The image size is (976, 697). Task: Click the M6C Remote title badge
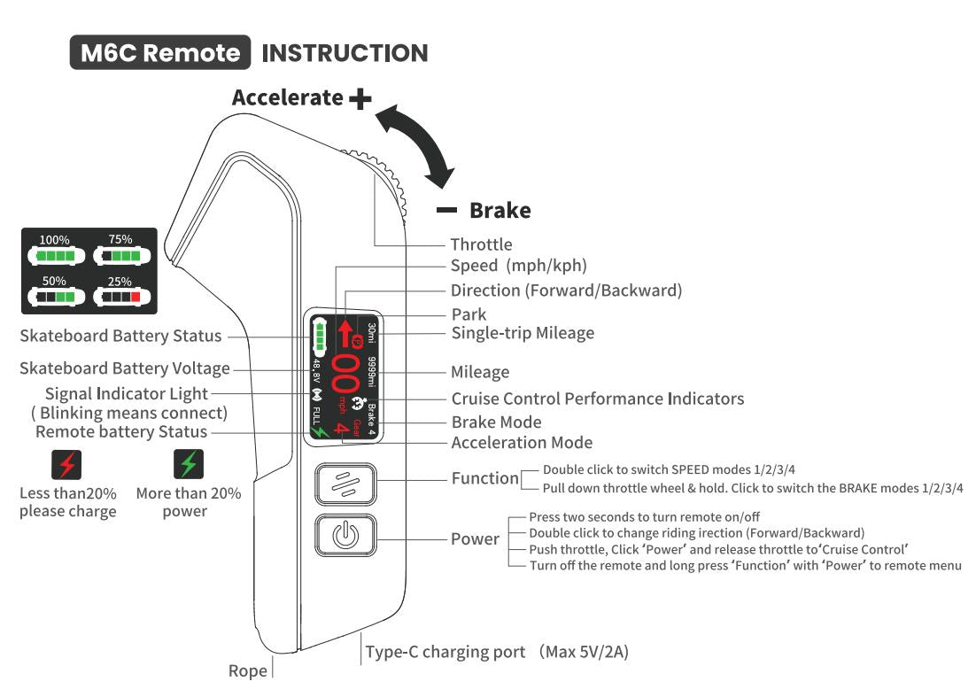pyautogui.click(x=159, y=53)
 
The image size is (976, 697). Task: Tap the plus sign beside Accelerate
pyautogui.click(x=360, y=98)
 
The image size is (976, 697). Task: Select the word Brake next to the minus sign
pyautogui.click(x=500, y=211)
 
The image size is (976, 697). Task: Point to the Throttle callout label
pyautogui.click(x=481, y=244)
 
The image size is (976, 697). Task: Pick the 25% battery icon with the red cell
pyautogui.click(x=120, y=297)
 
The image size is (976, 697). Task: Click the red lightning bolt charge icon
pyautogui.click(x=67, y=463)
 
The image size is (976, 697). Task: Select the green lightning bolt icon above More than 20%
pyautogui.click(x=188, y=463)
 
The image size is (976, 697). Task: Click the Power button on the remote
pyautogui.click(x=345, y=537)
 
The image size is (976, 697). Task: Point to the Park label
pyautogui.click(x=469, y=314)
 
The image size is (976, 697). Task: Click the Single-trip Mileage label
pyautogui.click(x=523, y=333)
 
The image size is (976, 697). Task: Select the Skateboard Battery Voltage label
pyautogui.click(x=125, y=368)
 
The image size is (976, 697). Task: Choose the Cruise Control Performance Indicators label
pyautogui.click(x=597, y=399)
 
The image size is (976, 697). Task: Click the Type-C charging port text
pyautogui.click(x=445, y=653)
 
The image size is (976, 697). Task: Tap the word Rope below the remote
pyautogui.click(x=248, y=671)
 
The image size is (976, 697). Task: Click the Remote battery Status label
pyautogui.click(x=121, y=432)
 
